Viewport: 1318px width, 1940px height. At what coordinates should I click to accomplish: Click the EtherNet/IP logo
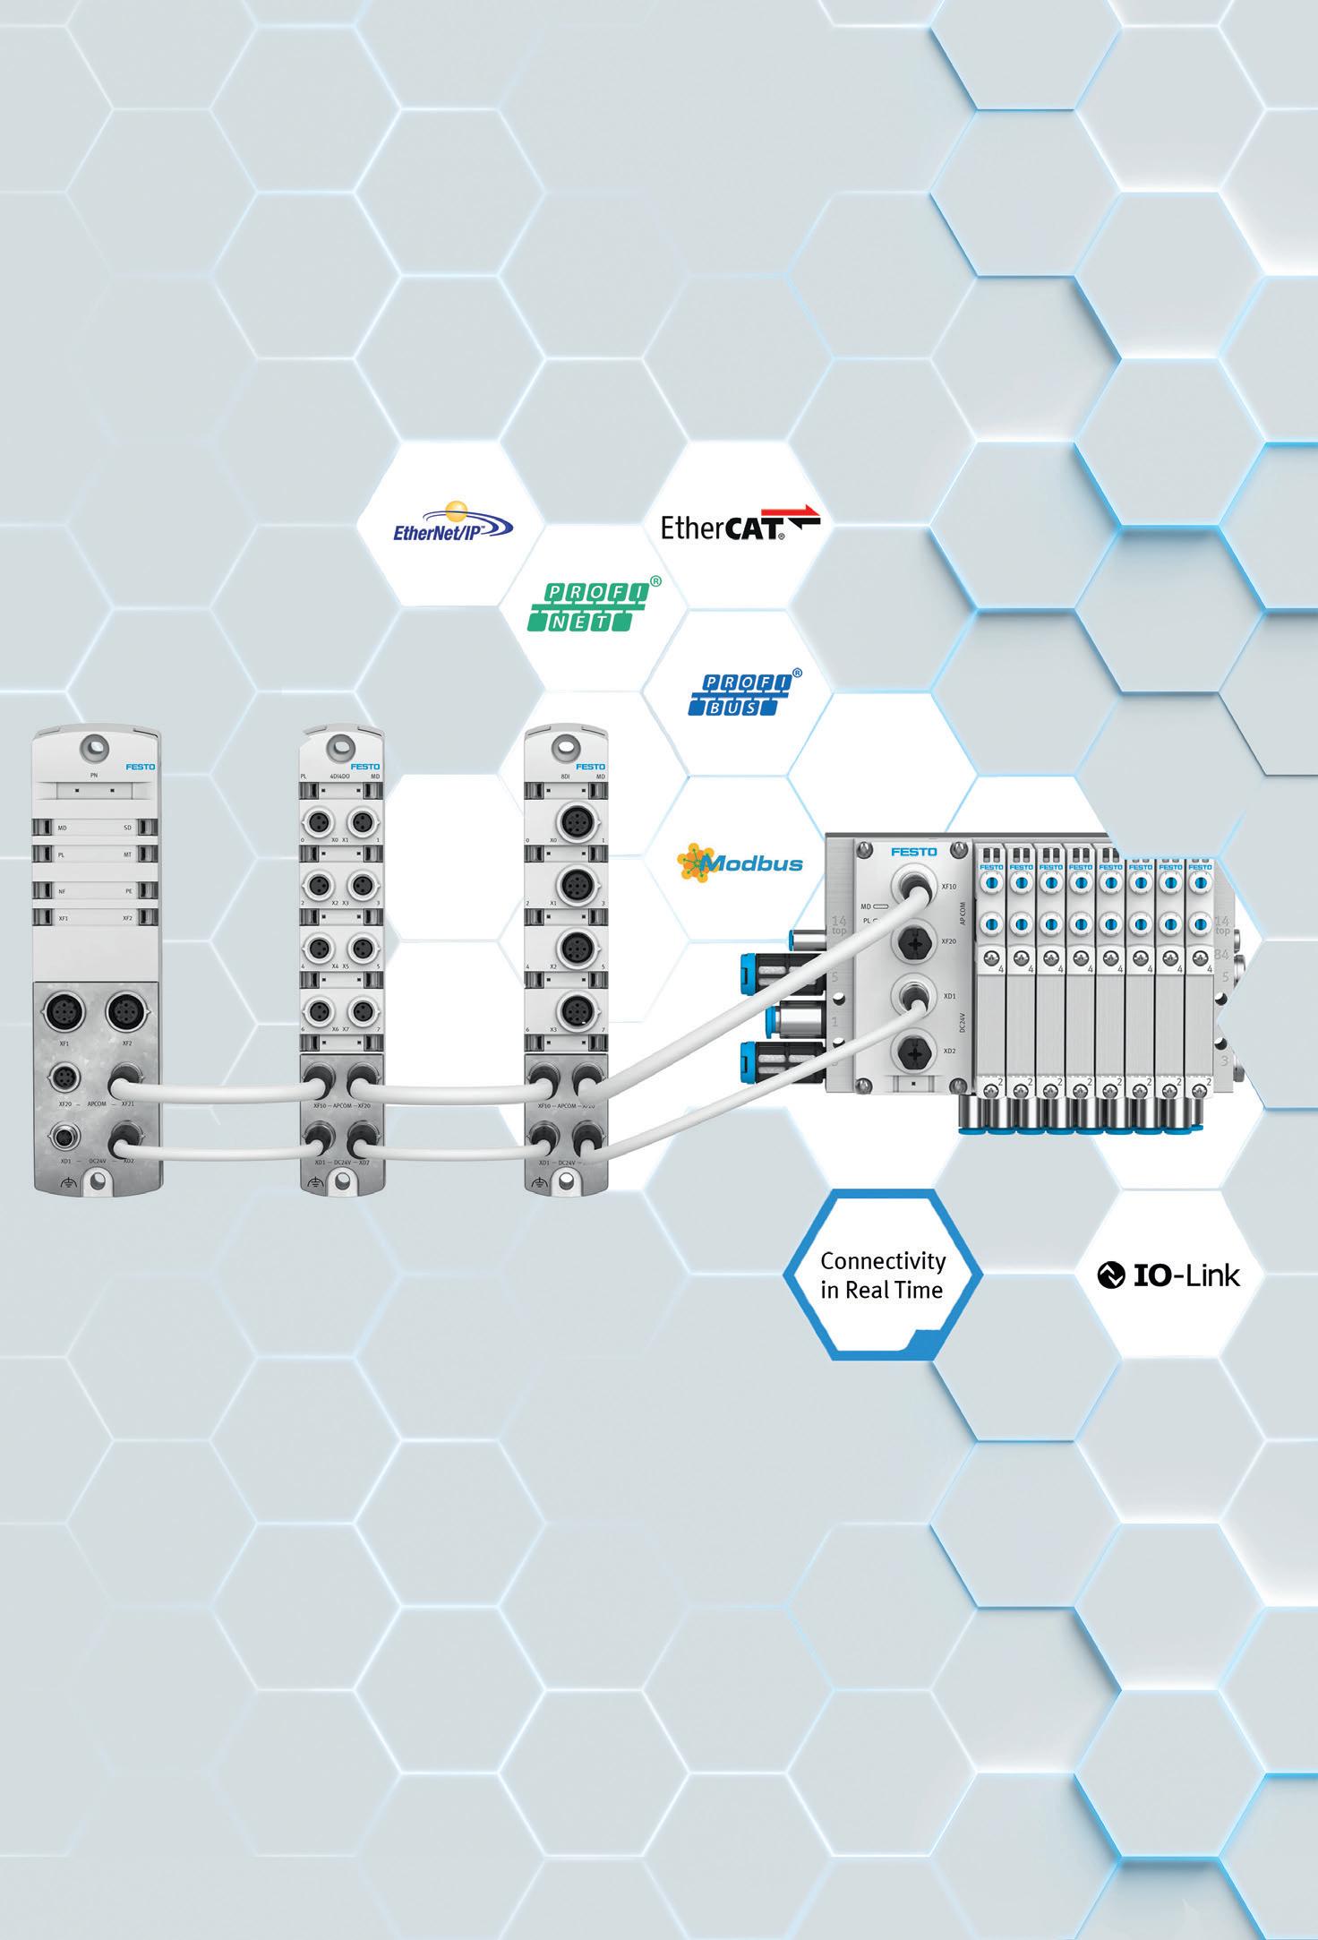point(451,524)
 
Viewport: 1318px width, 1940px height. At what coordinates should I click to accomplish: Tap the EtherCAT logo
point(739,524)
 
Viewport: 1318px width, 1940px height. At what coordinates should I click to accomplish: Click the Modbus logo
point(740,863)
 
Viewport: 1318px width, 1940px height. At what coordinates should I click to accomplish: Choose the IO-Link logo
point(1169,1275)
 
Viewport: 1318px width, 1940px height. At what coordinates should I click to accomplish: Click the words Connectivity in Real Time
point(883,1275)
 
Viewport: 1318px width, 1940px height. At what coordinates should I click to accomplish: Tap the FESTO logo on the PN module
point(140,767)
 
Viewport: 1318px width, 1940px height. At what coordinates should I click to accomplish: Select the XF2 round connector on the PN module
point(126,1015)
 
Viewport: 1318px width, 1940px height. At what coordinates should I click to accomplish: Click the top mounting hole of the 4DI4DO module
point(341,744)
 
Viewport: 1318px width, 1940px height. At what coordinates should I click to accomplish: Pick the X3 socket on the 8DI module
point(574,1012)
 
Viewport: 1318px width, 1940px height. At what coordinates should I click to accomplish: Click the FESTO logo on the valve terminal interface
point(913,852)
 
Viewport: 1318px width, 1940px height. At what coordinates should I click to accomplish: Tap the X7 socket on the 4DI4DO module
point(362,1012)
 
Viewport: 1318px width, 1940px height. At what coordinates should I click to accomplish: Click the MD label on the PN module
point(63,828)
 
